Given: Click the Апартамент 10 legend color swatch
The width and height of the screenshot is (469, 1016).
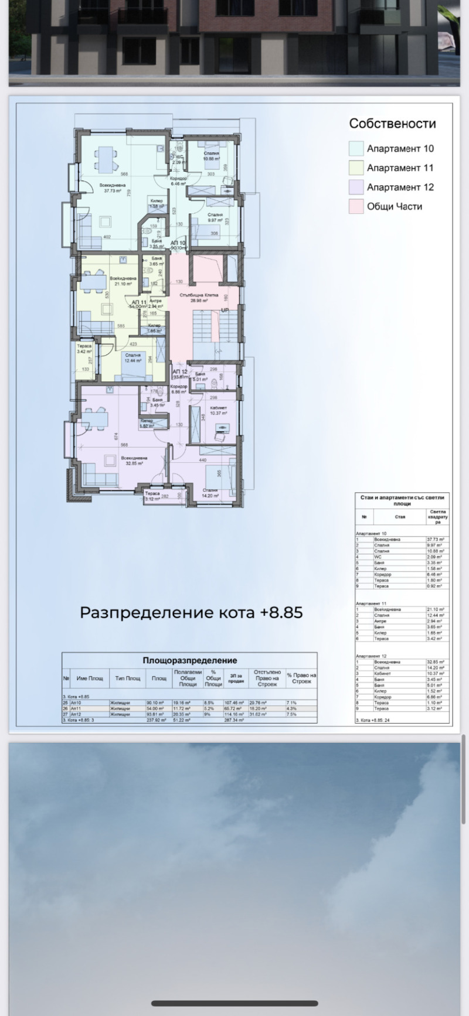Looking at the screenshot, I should point(356,148).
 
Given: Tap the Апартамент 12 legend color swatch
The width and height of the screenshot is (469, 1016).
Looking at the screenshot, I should point(356,187).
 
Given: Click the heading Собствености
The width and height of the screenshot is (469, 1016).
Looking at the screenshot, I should point(392,124).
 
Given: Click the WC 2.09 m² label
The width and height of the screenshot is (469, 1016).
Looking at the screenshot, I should point(183,159).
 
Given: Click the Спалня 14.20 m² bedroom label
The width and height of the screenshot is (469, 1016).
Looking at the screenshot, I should point(210,493).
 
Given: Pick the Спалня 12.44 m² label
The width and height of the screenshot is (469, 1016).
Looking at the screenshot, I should point(132,357).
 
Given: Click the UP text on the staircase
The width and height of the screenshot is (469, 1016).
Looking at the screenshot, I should point(225,310).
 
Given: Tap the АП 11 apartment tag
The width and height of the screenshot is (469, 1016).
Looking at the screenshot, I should point(138,302).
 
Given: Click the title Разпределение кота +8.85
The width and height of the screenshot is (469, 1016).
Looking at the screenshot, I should point(191,612).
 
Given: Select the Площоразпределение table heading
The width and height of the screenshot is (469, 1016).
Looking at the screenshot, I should point(189,660).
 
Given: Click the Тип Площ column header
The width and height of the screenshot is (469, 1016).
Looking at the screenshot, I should point(127,678).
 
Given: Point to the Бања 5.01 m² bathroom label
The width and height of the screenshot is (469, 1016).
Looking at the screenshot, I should point(201,376).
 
